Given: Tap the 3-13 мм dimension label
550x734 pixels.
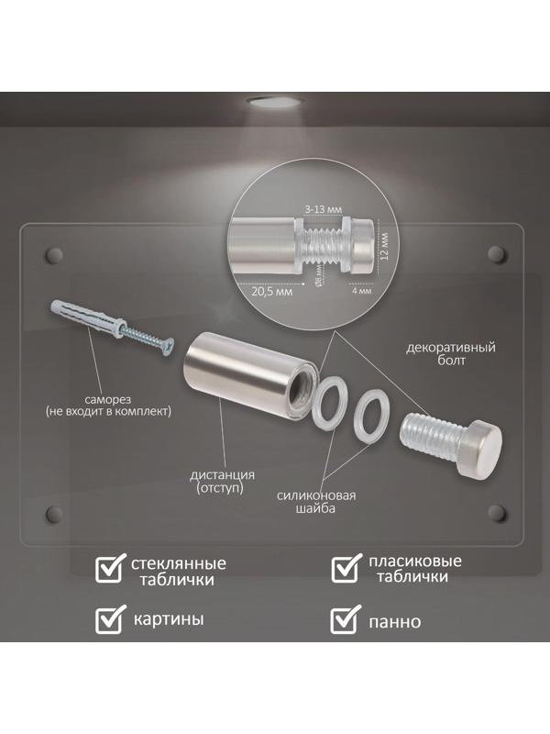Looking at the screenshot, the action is (324, 209).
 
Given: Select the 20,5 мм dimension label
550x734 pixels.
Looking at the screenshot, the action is (271, 291).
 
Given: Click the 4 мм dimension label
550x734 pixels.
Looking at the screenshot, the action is (361, 291).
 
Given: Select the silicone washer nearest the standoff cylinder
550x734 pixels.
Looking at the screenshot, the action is (330, 403).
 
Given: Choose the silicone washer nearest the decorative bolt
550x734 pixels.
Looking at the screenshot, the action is (369, 415).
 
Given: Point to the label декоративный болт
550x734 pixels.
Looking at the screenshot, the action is (451, 354).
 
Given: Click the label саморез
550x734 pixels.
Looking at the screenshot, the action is (108, 400).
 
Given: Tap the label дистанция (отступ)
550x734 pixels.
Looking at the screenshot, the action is (222, 482).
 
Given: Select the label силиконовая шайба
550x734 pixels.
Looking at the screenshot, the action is (315, 502).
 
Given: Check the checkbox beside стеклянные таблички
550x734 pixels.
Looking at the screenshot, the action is (110, 568).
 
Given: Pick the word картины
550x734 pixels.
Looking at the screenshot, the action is (169, 619).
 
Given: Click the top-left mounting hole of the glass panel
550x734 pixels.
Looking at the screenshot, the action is (54, 255).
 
